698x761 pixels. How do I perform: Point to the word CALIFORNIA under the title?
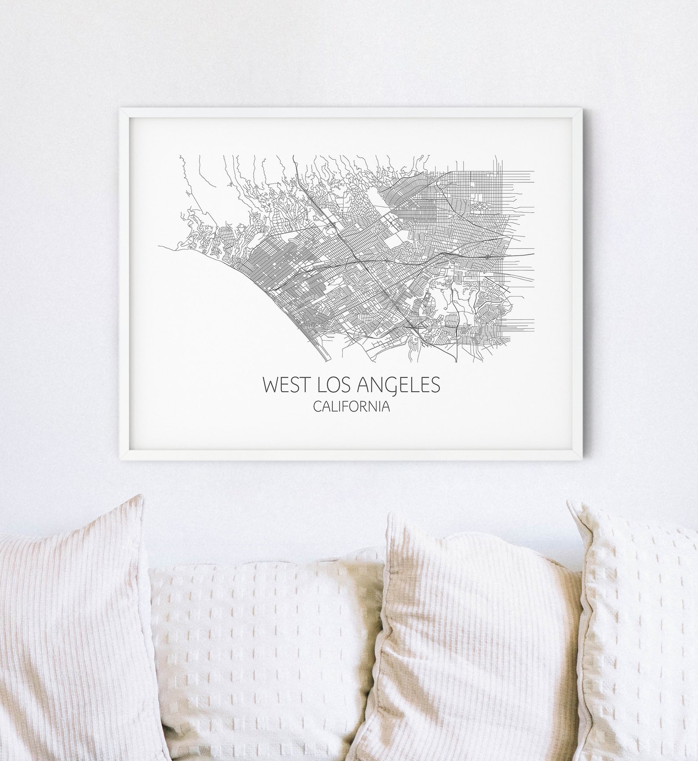[x=352, y=407]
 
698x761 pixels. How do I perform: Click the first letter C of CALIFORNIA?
[x=316, y=407]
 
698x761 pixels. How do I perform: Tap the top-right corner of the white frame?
[x=578, y=109]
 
